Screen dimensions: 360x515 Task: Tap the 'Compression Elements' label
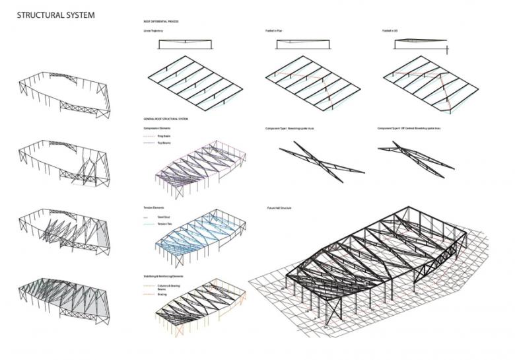[x=156, y=127]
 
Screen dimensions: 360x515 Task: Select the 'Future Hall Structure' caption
[x=276, y=207]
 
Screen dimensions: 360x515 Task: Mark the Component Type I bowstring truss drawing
[x=320, y=162]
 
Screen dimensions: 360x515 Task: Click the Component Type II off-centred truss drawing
[x=416, y=159]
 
